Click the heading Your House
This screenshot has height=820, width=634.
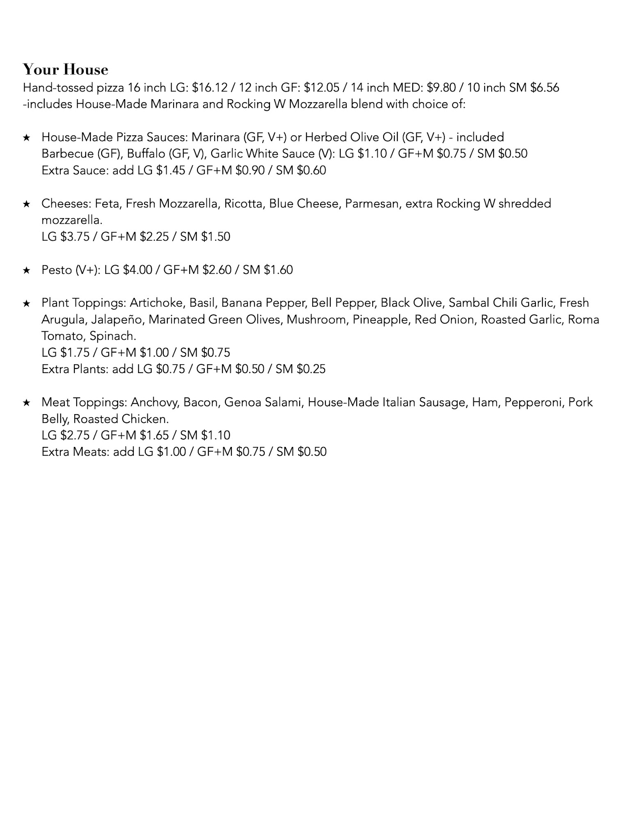pyautogui.click(x=66, y=70)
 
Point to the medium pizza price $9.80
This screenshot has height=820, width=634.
pyautogui.click(x=441, y=88)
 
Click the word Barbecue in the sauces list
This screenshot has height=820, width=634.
pyautogui.click(x=68, y=154)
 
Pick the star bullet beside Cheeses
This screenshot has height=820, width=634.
pyautogui.click(x=27, y=204)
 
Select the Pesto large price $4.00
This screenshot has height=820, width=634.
pyautogui.click(x=137, y=270)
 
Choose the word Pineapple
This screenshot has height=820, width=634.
pyautogui.click(x=381, y=319)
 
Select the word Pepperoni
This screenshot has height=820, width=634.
pyautogui.click(x=533, y=402)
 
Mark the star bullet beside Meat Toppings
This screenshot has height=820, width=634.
pyautogui.click(x=27, y=403)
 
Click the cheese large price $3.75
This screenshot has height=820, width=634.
pyautogui.click(x=75, y=237)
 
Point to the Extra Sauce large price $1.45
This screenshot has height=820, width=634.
pyautogui.click(x=170, y=171)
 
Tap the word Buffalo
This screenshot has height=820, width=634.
pyautogui.click(x=141, y=154)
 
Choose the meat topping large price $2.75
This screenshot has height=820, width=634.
pyautogui.click(x=75, y=435)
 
